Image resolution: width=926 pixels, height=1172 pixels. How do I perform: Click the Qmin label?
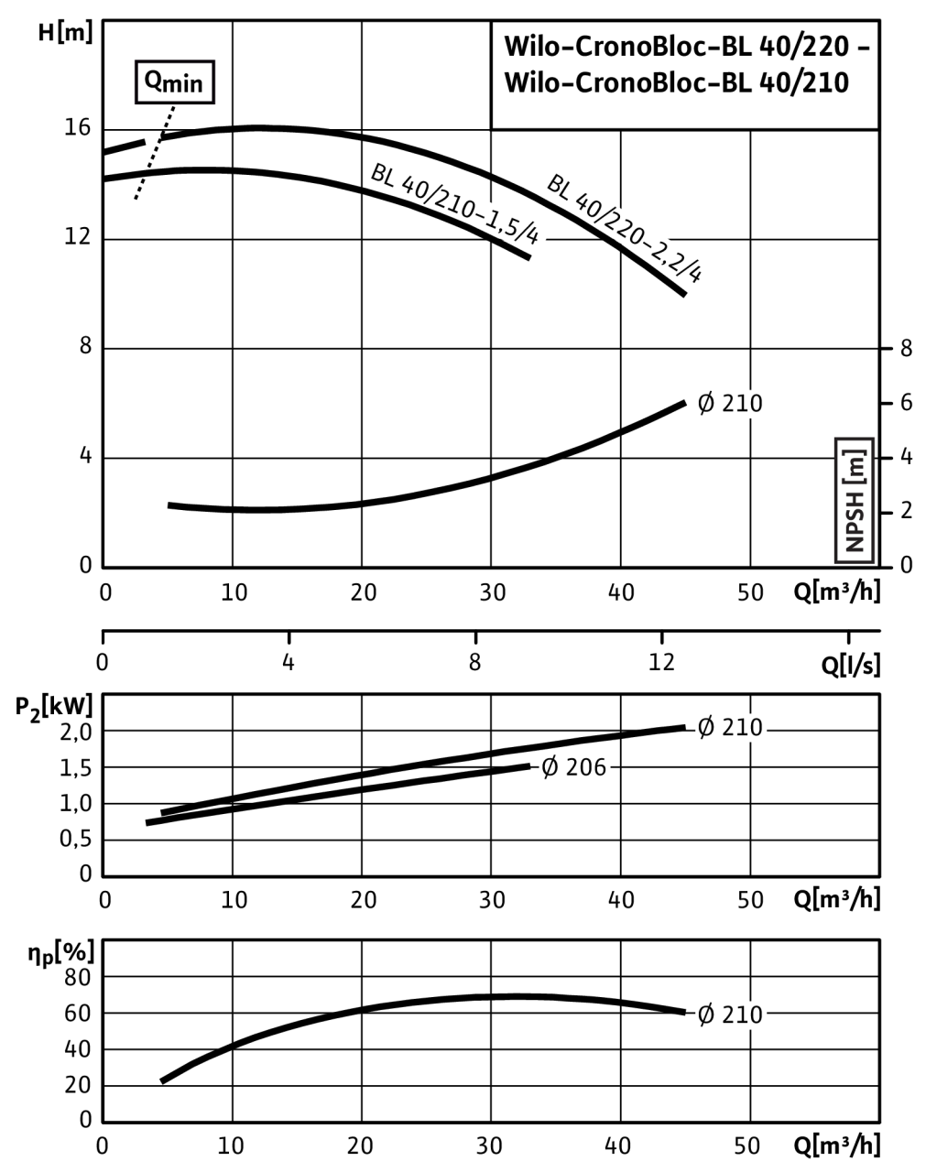pos(174,83)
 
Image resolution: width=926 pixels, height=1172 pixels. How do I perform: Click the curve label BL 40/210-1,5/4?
pos(456,206)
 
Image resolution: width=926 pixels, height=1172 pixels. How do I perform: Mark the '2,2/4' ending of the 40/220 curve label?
pos(682,265)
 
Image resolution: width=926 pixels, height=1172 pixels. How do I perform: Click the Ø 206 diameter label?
pos(574,767)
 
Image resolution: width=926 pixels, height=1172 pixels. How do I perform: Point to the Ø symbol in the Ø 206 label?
pos(550,767)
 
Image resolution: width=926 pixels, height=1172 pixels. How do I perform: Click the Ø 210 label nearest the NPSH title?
pos(730,404)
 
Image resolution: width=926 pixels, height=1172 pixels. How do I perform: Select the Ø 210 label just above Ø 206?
pos(730,728)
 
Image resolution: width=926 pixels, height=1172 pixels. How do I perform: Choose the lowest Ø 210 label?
pos(730,1015)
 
